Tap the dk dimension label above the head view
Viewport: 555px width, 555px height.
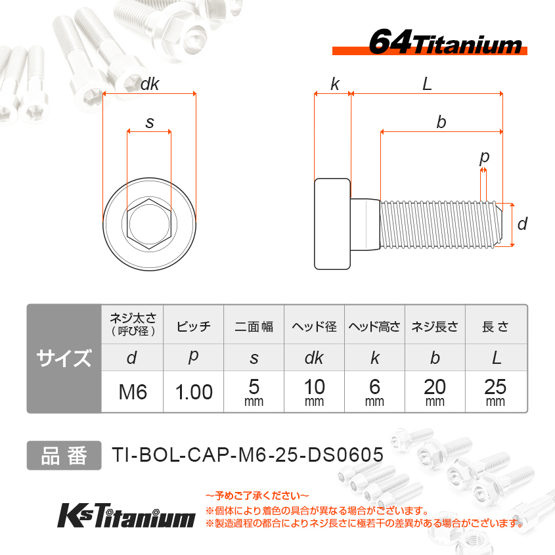pyautogui.click(x=150, y=84)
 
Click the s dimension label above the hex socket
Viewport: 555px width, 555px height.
pyautogui.click(x=150, y=123)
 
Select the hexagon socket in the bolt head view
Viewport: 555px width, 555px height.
pyautogui.click(x=149, y=224)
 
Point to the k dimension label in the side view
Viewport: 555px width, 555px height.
pyautogui.click(x=335, y=84)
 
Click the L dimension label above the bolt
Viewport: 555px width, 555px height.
pyautogui.click(x=427, y=84)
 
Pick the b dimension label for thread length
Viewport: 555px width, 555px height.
pyautogui.click(x=441, y=122)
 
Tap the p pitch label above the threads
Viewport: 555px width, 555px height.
pyautogui.click(x=484, y=158)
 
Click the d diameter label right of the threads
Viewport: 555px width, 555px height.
pyautogui.click(x=522, y=224)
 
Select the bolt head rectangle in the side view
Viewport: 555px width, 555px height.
pyautogui.click(x=332, y=224)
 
